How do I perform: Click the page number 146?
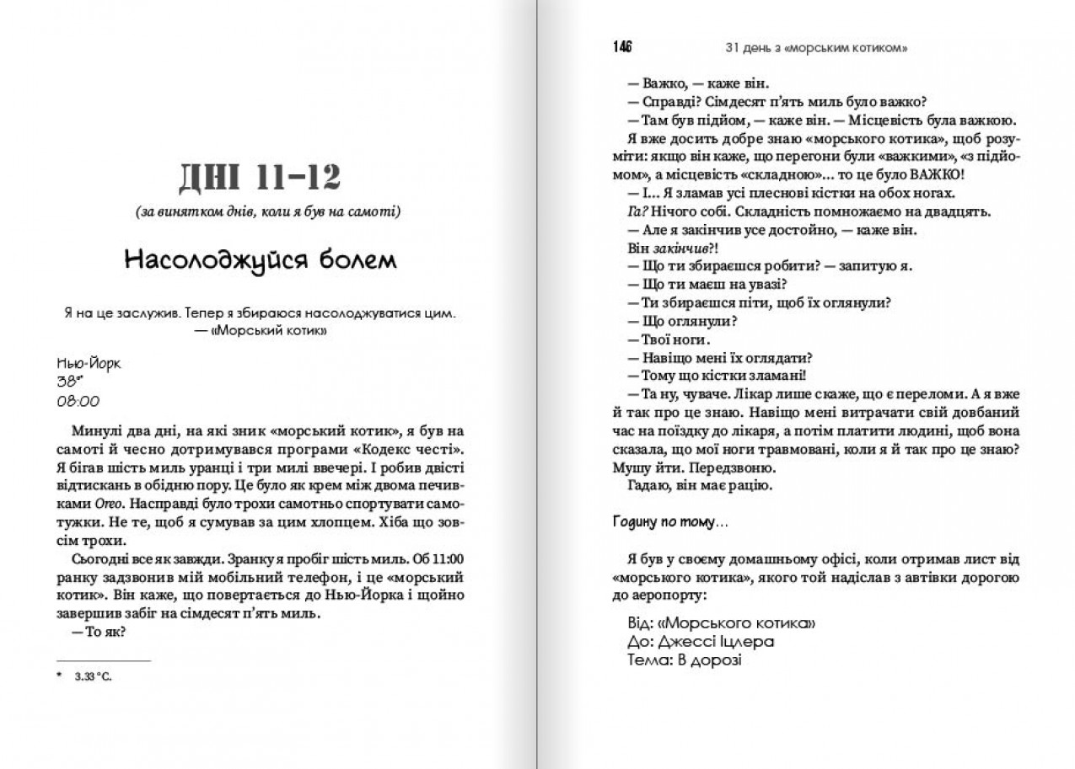point(623,46)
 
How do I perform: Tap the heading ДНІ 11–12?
point(260,179)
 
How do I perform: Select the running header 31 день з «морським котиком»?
point(816,47)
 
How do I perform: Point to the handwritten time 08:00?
point(78,401)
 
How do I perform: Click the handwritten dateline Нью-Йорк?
point(89,365)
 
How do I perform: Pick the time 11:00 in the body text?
point(453,559)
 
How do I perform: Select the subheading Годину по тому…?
point(671,522)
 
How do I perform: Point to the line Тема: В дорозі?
point(685,660)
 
